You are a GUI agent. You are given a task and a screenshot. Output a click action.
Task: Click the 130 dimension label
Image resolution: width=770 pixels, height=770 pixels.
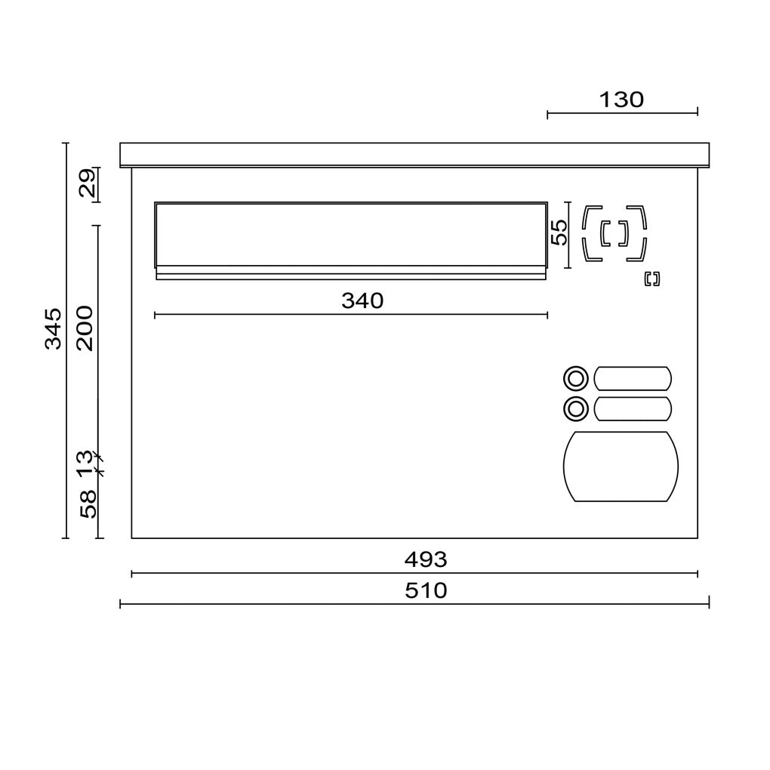click(621, 100)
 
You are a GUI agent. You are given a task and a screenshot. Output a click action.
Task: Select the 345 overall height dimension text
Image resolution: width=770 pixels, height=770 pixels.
click(54, 328)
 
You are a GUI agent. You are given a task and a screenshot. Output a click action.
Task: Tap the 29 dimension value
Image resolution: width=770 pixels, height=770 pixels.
click(87, 183)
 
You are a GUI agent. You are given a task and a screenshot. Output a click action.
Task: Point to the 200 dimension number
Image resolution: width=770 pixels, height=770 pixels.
click(85, 328)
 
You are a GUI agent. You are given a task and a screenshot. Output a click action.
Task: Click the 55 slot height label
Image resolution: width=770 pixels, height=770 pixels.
click(559, 233)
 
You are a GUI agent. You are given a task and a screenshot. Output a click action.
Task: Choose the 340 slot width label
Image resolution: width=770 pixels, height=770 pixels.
click(362, 300)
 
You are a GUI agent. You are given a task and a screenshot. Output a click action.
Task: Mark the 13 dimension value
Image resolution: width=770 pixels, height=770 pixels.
click(85, 464)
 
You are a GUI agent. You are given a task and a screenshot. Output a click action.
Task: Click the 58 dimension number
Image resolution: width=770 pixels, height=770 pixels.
click(88, 504)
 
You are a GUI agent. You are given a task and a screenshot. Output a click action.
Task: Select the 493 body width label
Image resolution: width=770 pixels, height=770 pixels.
click(426, 559)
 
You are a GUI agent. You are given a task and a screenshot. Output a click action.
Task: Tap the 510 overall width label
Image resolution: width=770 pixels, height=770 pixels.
click(426, 591)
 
